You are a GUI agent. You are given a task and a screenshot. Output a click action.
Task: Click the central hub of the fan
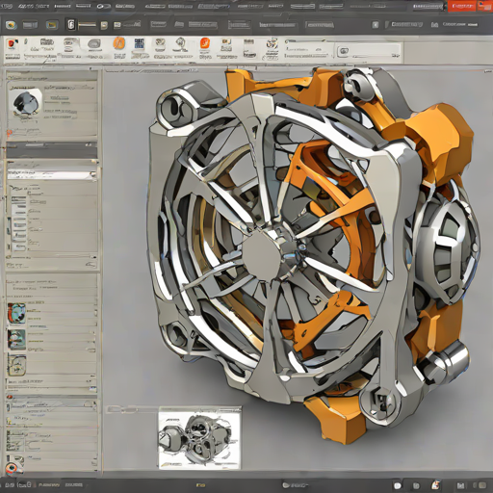point(262,253)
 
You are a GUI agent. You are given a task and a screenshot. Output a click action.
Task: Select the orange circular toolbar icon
point(118,43)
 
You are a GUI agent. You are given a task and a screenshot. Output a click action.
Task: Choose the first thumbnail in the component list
point(16,312)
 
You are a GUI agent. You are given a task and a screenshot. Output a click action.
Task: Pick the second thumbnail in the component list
point(16,338)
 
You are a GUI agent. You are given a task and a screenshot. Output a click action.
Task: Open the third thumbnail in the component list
point(16,363)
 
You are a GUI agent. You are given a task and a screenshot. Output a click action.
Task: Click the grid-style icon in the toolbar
point(140,43)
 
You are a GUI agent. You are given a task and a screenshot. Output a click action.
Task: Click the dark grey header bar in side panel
point(50,149)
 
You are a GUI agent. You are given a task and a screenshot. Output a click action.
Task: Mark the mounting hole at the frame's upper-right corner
point(358,82)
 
